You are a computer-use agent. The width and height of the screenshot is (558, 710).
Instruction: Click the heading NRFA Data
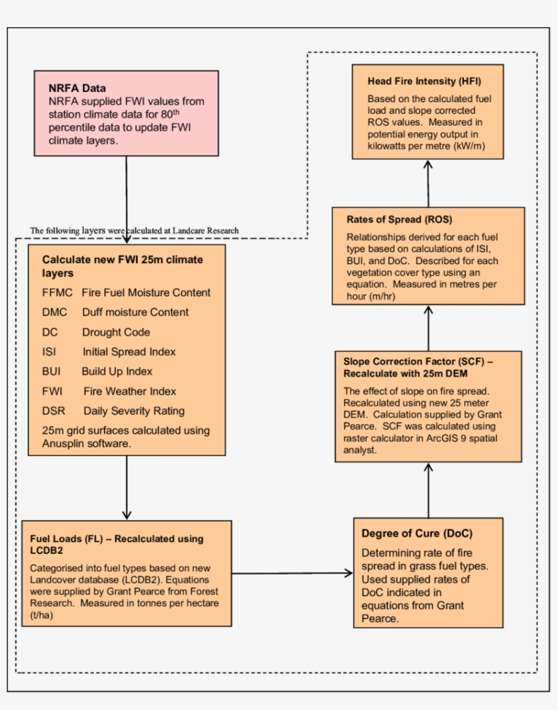[77, 88]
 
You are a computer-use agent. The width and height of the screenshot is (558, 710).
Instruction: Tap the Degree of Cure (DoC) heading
[416, 533]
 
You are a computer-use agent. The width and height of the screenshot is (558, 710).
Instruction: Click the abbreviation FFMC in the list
[56, 293]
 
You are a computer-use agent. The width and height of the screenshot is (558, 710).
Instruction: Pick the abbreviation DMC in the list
[54, 312]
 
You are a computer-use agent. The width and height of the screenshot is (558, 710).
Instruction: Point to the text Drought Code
[116, 332]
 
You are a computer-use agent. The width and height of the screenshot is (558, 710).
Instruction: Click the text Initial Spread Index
[129, 352]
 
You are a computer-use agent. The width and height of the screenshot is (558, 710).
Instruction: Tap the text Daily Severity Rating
[133, 411]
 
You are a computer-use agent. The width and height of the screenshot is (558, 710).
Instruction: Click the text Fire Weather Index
[129, 391]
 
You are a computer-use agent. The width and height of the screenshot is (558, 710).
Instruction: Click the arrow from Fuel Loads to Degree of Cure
[293, 572]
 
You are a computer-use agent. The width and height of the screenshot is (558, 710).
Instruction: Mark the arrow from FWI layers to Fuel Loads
[127, 487]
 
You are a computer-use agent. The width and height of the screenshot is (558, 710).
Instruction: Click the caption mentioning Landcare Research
[134, 231]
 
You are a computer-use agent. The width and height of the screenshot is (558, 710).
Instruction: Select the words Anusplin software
[86, 443]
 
